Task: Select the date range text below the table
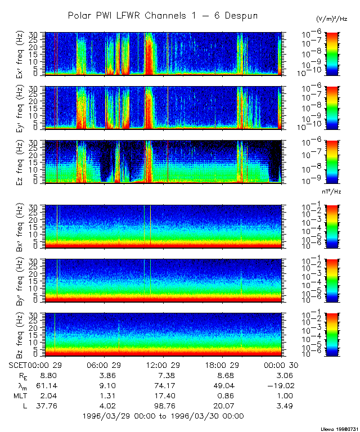coord(163,416)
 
